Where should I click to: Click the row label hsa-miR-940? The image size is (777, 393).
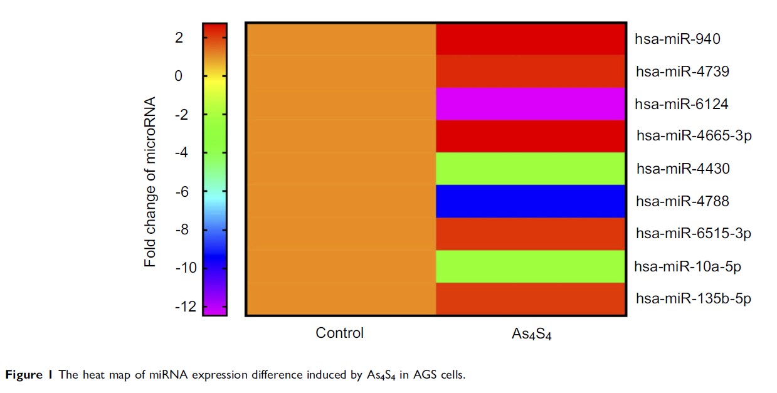pyautogui.click(x=677, y=39)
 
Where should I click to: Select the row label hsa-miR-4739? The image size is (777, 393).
pyautogui.click(x=682, y=71)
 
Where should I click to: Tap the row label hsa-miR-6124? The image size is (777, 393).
pyautogui.click(x=682, y=104)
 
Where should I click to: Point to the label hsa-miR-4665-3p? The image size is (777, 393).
pyautogui.click(x=694, y=136)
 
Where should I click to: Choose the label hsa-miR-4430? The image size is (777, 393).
pyautogui.click(x=682, y=169)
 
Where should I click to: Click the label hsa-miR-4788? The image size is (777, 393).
pyautogui.click(x=682, y=201)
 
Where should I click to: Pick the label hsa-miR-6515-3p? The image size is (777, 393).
pyautogui.click(x=694, y=234)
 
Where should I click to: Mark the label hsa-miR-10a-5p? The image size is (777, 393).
pyautogui.click(x=688, y=266)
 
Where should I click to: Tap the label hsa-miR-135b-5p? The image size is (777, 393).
pyautogui.click(x=693, y=299)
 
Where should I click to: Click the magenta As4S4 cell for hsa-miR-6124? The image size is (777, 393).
pyautogui.click(x=531, y=104)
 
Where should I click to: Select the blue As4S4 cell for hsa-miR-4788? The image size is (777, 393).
pyautogui.click(x=531, y=201)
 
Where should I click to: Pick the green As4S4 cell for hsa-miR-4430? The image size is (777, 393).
pyautogui.click(x=531, y=169)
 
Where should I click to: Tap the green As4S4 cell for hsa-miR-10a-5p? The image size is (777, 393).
pyautogui.click(x=531, y=266)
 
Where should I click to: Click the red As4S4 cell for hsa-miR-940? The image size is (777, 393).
pyautogui.click(x=531, y=39)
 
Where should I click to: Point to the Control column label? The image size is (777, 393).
pyautogui.click(x=339, y=333)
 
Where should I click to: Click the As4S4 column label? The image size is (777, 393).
pyautogui.click(x=531, y=334)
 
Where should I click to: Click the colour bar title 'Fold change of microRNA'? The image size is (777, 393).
pyautogui.click(x=151, y=182)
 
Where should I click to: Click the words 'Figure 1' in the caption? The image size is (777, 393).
pyautogui.click(x=29, y=375)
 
